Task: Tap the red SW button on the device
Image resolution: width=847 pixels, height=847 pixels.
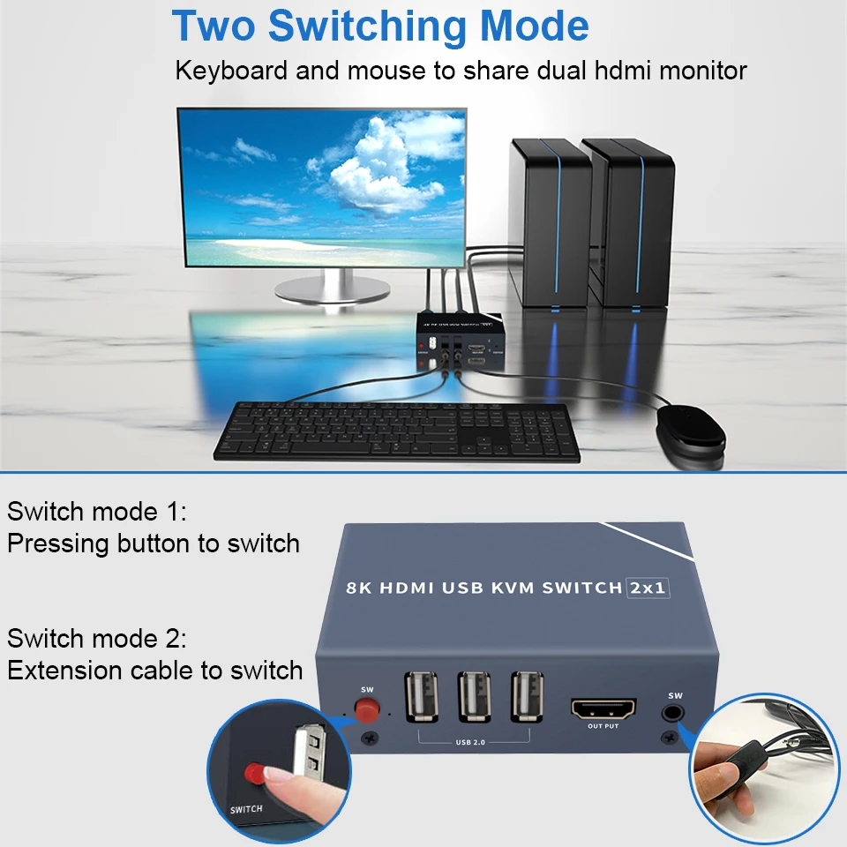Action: pyautogui.click(x=364, y=708)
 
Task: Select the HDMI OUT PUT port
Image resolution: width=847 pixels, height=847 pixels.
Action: pyautogui.click(x=604, y=708)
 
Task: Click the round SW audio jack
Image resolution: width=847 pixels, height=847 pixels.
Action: pyautogui.click(x=675, y=709)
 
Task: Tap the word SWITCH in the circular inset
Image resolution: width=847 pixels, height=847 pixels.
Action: pyautogui.click(x=246, y=809)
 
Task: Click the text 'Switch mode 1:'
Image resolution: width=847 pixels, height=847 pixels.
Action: pyautogui.click(x=97, y=512)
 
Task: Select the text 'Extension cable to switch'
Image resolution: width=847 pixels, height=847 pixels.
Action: pyautogui.click(x=154, y=671)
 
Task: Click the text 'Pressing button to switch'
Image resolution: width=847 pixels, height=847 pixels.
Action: pyautogui.click(x=154, y=543)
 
